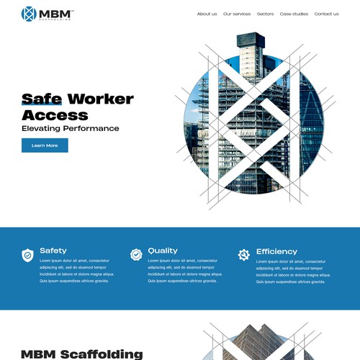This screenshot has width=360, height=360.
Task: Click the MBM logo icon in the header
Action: tap(30, 14)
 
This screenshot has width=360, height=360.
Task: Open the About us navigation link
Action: tap(207, 14)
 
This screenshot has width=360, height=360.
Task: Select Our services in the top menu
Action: tap(237, 14)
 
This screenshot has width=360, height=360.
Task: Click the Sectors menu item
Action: tap(265, 14)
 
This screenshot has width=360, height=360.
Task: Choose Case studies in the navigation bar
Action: tap(294, 14)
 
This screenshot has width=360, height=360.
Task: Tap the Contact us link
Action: tap(326, 14)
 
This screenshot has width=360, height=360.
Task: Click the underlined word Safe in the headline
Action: tap(42, 100)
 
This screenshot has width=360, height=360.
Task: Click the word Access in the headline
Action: tap(55, 115)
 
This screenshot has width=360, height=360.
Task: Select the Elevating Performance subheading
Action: tap(70, 129)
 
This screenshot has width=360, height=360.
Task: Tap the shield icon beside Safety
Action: tap(27, 255)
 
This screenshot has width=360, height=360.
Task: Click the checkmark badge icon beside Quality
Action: tap(136, 254)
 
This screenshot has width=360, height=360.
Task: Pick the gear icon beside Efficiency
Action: tap(244, 254)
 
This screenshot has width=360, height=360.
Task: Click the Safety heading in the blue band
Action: tap(53, 251)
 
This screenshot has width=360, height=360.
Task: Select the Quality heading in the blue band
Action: tap(163, 251)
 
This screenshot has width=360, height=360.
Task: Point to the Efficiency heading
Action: tap(276, 251)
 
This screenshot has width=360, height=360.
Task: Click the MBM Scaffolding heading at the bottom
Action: tap(81, 354)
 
